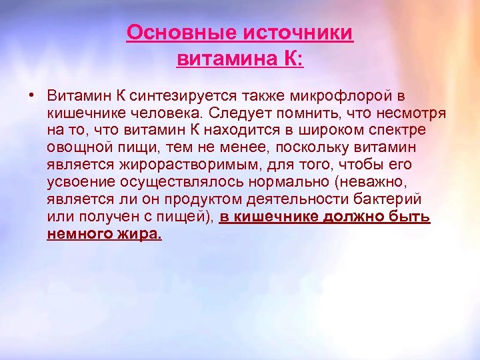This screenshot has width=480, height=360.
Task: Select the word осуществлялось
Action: pos(174,181)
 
